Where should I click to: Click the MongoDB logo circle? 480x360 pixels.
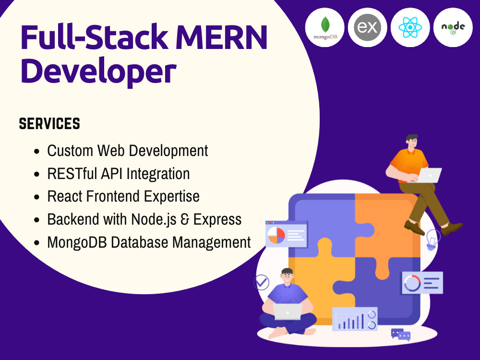[x=324, y=27]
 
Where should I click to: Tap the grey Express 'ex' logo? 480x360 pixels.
[x=367, y=27]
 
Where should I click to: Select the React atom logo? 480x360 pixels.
[x=410, y=27]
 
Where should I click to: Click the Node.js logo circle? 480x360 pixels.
[x=453, y=27]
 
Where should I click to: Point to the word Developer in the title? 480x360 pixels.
[x=98, y=71]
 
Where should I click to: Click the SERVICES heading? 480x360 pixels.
[x=49, y=124]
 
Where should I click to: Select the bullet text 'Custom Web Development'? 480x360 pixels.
[x=127, y=151]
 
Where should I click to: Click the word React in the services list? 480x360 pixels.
[x=65, y=196]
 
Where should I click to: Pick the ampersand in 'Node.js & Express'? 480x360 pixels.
[x=185, y=219]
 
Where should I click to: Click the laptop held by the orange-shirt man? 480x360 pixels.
[x=428, y=175]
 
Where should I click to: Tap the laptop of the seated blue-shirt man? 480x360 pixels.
[x=287, y=312]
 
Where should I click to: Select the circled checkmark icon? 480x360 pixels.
[x=262, y=282]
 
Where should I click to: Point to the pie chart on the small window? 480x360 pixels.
[x=276, y=235]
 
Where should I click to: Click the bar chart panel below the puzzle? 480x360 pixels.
[x=355, y=319]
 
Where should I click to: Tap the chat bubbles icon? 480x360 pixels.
[x=401, y=335]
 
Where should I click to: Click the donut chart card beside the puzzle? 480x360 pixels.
[x=422, y=283]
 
